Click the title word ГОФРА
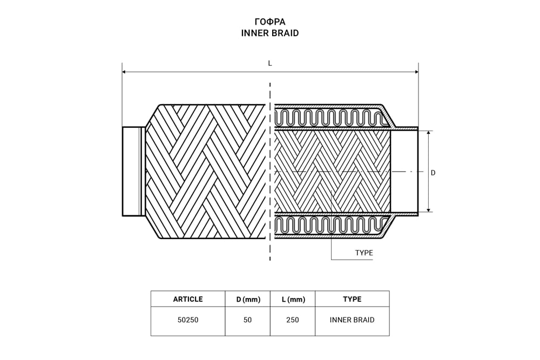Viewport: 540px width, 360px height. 270,22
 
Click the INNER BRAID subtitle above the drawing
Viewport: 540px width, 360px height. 270,33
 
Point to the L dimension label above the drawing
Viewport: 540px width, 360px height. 270,63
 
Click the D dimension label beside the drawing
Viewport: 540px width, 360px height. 433,173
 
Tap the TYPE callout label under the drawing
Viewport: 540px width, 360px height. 363,253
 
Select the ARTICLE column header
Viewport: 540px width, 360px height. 188,299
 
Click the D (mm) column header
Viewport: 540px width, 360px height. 248,300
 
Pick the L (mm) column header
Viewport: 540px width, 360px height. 292,300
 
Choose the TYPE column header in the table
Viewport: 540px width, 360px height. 352,299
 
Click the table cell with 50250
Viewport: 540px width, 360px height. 188,320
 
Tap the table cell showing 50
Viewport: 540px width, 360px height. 248,320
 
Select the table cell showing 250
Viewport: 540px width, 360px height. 292,320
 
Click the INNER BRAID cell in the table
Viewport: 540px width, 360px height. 352,320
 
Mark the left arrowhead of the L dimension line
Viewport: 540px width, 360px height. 124,71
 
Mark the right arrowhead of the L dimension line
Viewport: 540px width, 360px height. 416,71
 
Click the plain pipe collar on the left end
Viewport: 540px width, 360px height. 132,171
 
